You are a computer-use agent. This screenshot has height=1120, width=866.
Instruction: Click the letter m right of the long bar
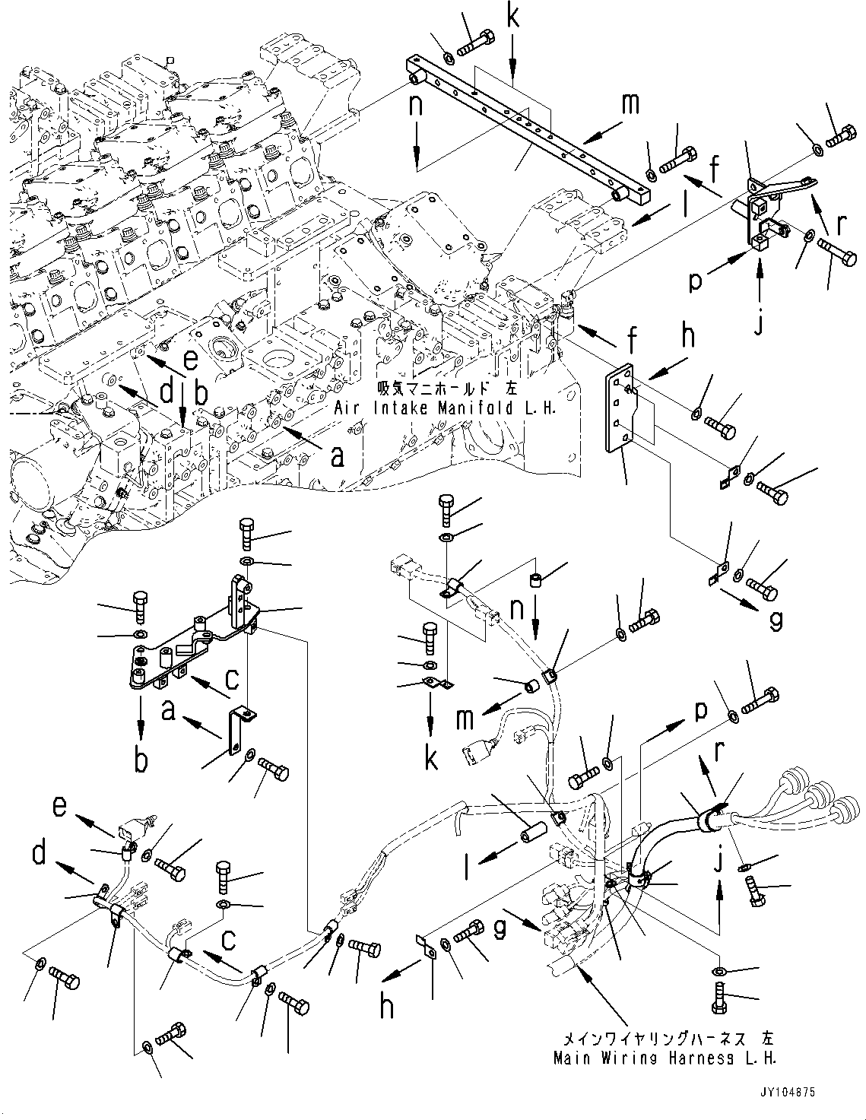point(630,105)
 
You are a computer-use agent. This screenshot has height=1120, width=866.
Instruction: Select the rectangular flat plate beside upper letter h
point(620,411)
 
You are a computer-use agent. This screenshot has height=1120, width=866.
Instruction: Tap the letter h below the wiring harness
point(388,1007)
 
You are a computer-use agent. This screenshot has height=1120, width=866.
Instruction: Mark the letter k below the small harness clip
point(431,759)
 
